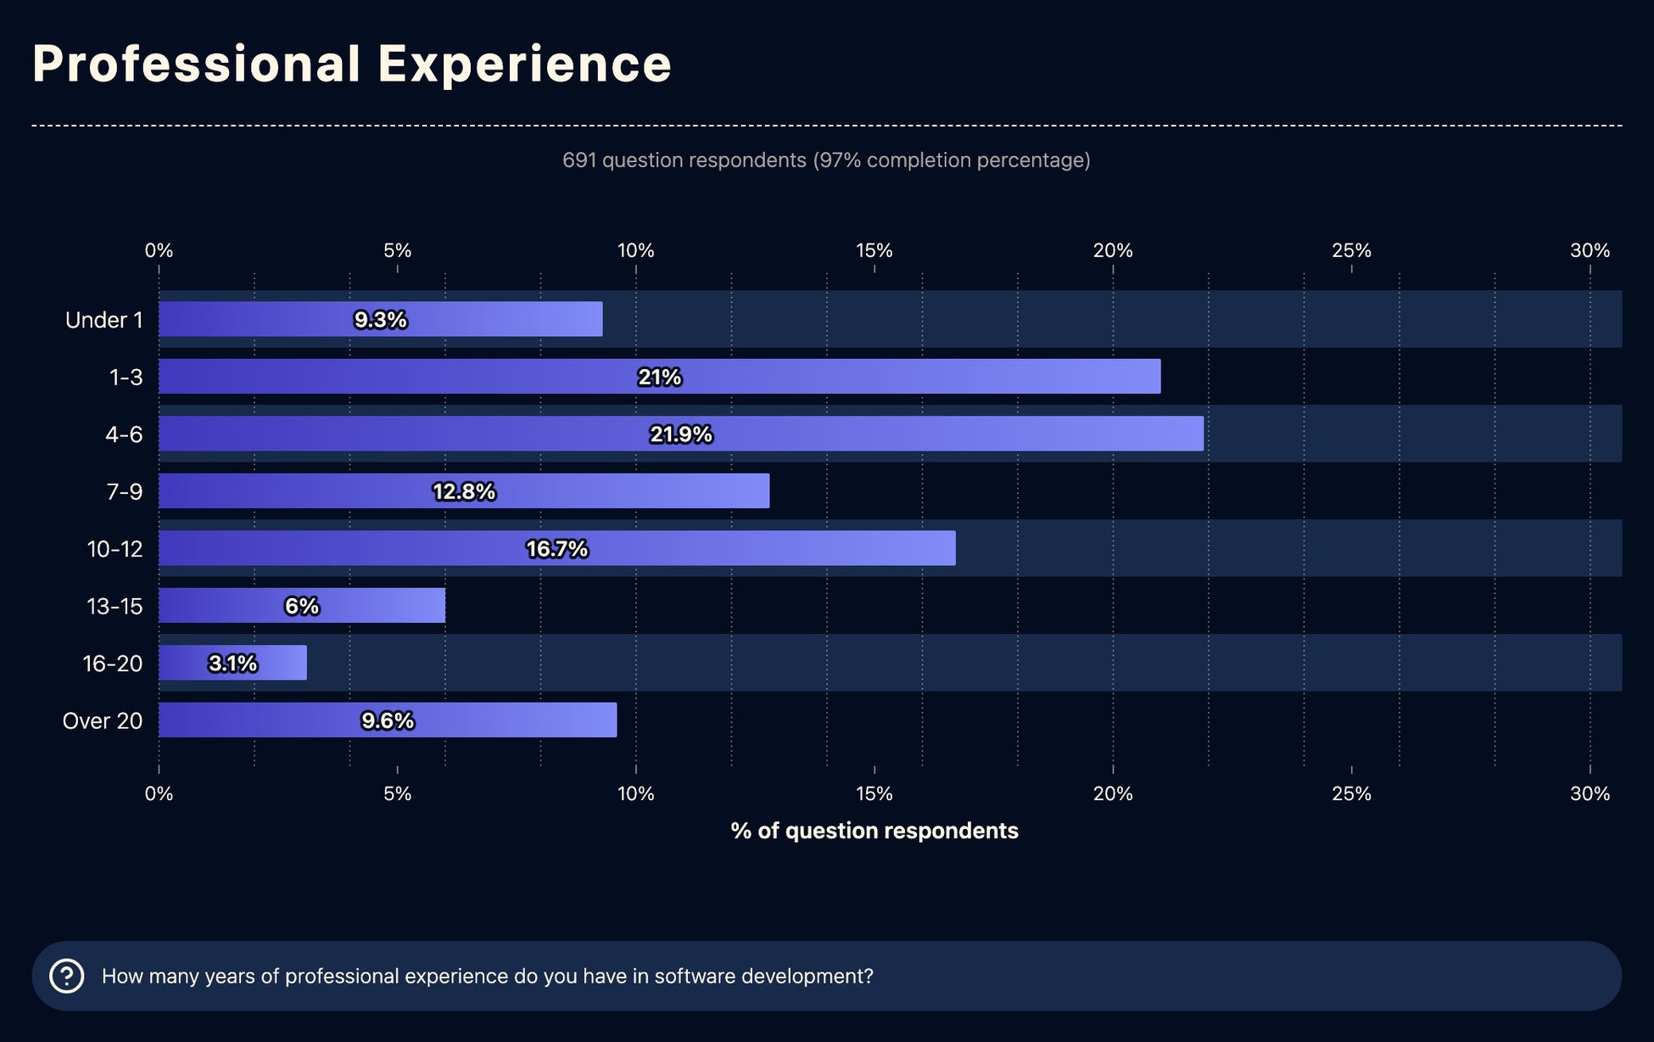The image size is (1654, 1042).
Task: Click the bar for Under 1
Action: click(x=380, y=319)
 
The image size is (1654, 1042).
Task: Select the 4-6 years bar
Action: click(x=680, y=434)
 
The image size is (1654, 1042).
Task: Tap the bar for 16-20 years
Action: click(x=232, y=663)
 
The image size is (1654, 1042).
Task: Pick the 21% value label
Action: click(x=660, y=377)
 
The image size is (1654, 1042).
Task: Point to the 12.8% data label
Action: click(x=464, y=491)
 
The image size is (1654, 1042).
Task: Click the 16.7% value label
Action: click(x=556, y=549)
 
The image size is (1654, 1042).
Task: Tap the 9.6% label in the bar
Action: click(x=388, y=720)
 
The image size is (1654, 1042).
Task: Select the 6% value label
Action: click(x=302, y=606)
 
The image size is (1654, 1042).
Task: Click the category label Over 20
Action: click(x=103, y=720)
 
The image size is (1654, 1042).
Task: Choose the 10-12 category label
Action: click(x=115, y=549)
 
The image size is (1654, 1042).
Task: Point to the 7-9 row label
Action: click(x=124, y=491)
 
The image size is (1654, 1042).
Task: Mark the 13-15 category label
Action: click(x=115, y=606)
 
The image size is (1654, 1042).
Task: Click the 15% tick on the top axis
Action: click(x=874, y=250)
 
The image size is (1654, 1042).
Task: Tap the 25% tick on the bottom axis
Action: click(x=1351, y=793)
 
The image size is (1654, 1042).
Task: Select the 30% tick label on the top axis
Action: click(x=1590, y=250)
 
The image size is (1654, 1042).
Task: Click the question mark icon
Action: click(x=67, y=976)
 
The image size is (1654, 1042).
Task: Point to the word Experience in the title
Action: click(x=524, y=64)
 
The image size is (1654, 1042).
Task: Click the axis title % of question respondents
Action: click(x=874, y=831)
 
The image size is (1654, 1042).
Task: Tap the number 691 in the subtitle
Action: click(x=579, y=160)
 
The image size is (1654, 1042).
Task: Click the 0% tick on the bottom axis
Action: click(x=159, y=793)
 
